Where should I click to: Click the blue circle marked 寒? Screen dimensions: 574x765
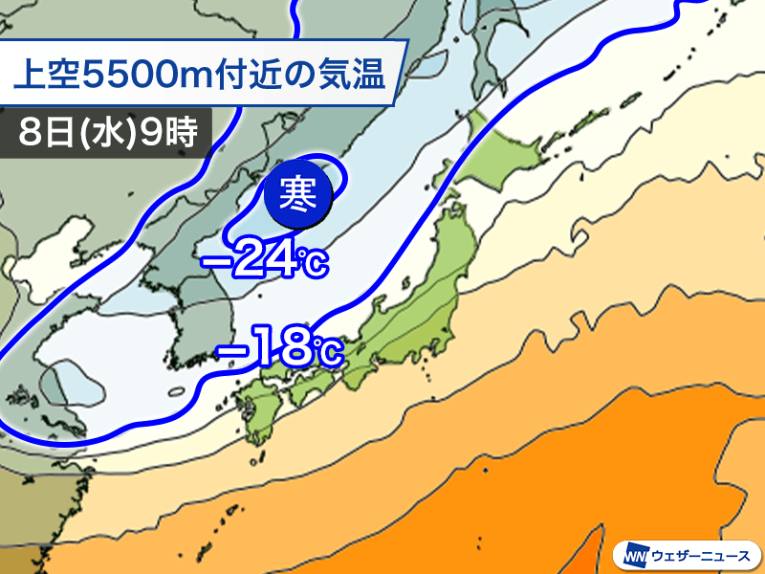pos(299,195)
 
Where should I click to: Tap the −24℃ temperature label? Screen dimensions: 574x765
pos(263,260)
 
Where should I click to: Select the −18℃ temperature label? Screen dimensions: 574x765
pos(279,349)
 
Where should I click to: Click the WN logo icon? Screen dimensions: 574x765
pos(638,553)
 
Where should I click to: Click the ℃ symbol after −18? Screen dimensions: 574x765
pos(325,352)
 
